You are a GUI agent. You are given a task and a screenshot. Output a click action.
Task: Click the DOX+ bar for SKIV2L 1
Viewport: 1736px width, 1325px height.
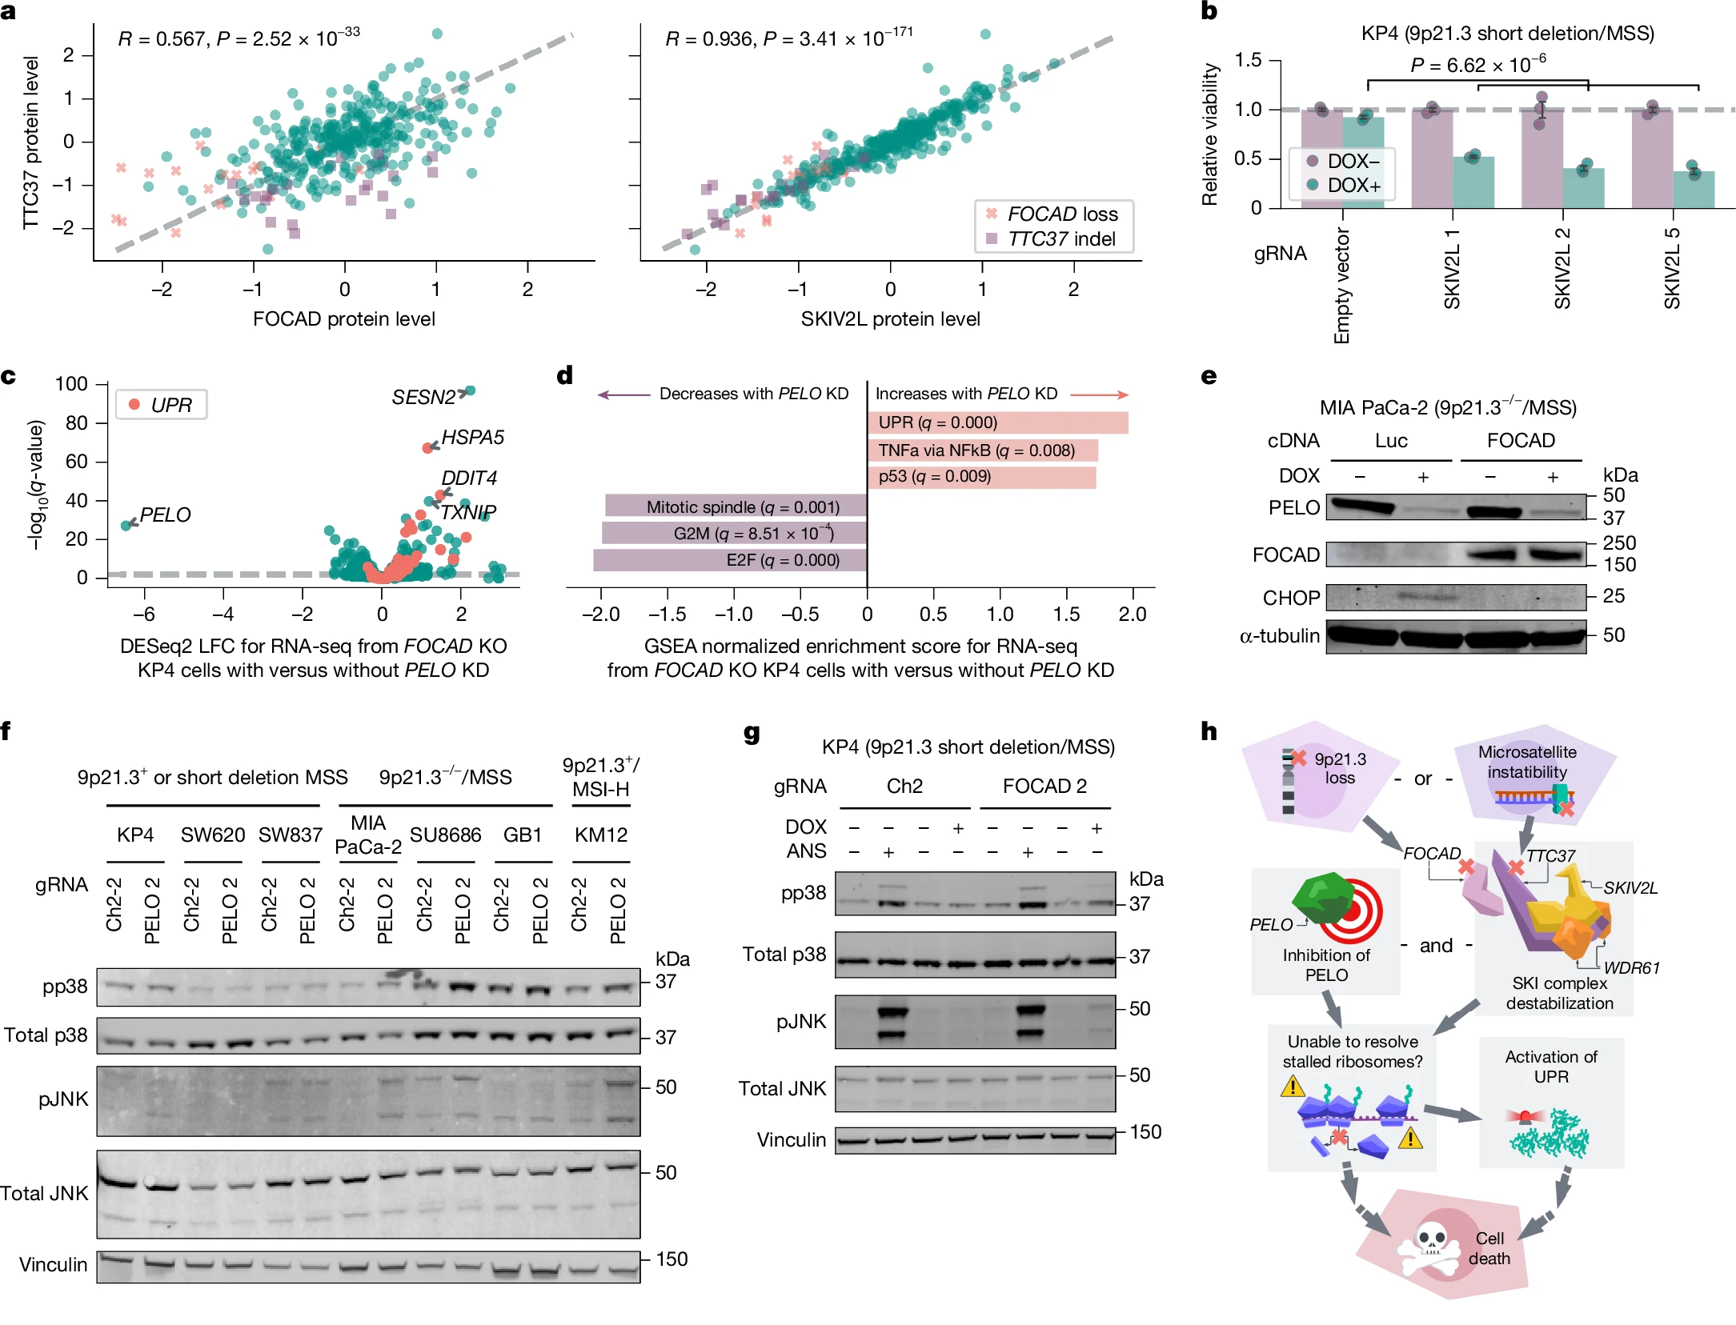coord(1473,182)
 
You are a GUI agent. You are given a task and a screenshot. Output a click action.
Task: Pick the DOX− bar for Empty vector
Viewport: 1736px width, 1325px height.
coord(1321,158)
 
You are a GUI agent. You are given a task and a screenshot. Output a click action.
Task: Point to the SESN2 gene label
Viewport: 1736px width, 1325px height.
coord(423,397)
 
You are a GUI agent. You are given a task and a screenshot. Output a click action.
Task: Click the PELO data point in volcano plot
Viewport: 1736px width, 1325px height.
coord(126,525)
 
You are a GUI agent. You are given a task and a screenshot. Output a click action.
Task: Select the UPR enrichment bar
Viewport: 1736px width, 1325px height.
coord(997,422)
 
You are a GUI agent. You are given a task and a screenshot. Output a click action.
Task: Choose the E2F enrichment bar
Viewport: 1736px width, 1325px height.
coord(729,560)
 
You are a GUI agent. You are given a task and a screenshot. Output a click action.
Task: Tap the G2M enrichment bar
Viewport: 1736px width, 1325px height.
coord(734,534)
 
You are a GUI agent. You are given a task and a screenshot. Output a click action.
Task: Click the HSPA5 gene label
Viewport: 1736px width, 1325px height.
coord(472,438)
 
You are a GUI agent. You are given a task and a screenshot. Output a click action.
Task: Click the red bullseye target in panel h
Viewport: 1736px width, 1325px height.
coord(1353,912)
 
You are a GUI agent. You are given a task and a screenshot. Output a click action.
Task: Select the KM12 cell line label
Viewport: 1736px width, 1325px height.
coord(600,835)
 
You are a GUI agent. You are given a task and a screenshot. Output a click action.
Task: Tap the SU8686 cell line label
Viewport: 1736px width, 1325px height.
coord(445,835)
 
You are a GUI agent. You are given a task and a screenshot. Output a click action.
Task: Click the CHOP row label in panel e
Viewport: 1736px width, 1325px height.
coord(1290,598)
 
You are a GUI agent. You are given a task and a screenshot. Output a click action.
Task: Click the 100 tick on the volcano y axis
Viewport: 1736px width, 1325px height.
coord(71,384)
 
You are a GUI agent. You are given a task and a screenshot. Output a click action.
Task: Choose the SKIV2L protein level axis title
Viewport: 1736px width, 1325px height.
coord(890,319)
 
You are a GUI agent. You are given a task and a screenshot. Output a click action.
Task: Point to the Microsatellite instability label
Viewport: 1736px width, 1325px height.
coord(1526,762)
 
